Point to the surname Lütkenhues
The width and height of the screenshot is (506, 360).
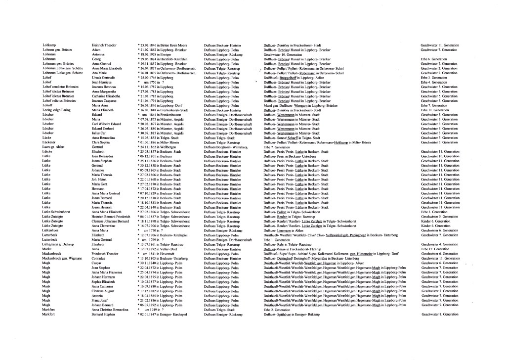click(51, 230)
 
